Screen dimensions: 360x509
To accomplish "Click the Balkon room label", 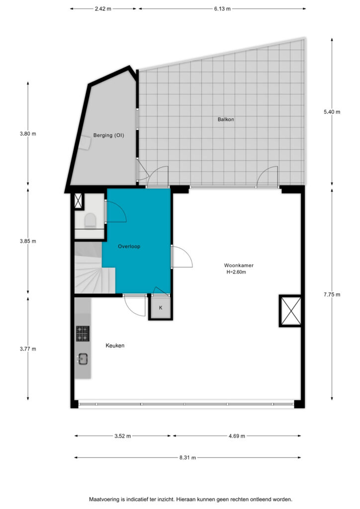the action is (x=226, y=119).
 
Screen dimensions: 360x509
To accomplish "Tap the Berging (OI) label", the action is (x=108, y=135).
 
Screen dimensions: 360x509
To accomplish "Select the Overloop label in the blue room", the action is (x=129, y=247).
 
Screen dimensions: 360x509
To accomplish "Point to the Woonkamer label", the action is (x=239, y=265).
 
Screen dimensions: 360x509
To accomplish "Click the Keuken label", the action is (x=115, y=345).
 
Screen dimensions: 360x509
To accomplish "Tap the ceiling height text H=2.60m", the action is (x=236, y=272).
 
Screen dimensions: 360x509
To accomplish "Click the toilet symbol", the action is (x=90, y=220).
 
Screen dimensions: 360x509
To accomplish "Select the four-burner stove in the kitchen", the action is (x=83, y=334).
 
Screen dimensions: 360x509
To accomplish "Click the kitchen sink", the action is (x=83, y=359).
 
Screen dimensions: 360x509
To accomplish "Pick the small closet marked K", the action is (x=161, y=307).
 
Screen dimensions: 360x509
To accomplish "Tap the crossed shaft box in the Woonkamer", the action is (x=290, y=311).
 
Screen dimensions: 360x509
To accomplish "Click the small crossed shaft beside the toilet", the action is (x=79, y=201).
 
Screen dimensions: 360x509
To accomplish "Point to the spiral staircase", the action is (x=94, y=268).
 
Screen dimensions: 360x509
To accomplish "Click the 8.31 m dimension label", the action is (x=187, y=458).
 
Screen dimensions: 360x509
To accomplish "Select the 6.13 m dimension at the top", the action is (x=222, y=9).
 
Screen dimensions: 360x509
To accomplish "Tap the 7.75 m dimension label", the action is (x=332, y=294).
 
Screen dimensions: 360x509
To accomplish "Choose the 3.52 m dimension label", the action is (x=122, y=436).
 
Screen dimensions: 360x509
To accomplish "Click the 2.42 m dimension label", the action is (x=103, y=9).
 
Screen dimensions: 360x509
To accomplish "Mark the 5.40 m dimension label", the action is (x=332, y=112).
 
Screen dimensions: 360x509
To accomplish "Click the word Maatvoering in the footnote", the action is (x=104, y=499).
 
